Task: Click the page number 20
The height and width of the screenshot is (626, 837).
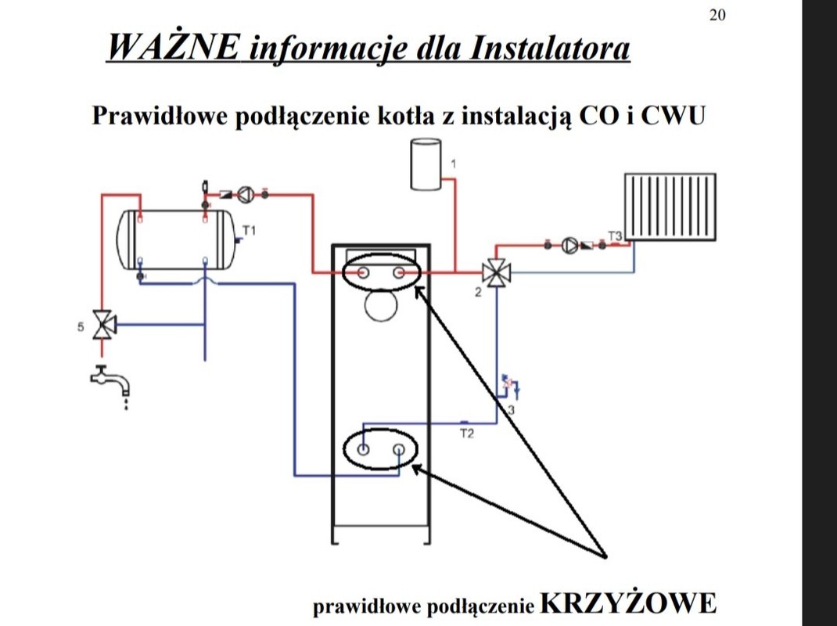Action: [x=717, y=15]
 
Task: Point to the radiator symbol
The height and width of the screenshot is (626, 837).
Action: [x=669, y=206]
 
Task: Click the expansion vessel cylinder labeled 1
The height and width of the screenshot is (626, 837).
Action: [x=426, y=164]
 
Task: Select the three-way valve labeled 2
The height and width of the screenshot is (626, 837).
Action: [x=494, y=272]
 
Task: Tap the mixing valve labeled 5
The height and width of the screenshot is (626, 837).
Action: [x=102, y=325]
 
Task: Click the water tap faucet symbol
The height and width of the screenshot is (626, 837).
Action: [x=110, y=381]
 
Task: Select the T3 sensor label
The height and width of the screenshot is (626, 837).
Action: [x=615, y=236]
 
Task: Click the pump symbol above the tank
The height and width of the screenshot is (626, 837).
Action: [x=246, y=193]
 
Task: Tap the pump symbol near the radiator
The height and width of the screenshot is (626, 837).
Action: [x=568, y=245]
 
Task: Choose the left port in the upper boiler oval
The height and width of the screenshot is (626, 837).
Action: [x=364, y=272]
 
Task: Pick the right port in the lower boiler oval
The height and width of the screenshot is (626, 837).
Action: [x=399, y=450]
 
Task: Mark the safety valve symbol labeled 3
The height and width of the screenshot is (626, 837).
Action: [x=508, y=384]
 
